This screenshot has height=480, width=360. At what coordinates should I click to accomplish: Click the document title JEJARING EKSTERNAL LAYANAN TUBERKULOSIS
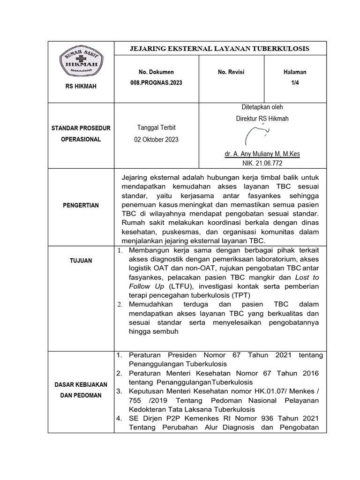click(x=219, y=48)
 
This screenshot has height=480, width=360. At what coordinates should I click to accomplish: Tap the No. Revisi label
click(x=231, y=72)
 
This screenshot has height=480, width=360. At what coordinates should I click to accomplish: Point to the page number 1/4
click(x=295, y=82)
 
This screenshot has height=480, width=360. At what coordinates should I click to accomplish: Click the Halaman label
click(x=295, y=72)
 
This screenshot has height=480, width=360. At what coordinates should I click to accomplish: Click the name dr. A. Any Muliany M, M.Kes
click(x=262, y=154)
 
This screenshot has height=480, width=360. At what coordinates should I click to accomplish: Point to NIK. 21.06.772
click(x=262, y=163)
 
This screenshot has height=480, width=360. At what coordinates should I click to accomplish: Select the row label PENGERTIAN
click(x=81, y=206)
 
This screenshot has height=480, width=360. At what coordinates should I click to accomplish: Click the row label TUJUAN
click(x=81, y=260)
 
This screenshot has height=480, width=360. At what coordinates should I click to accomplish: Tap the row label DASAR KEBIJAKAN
click(x=81, y=385)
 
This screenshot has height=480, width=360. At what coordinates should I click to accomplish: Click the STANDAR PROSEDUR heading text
click(x=81, y=128)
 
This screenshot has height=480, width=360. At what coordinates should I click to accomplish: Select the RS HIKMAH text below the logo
click(x=81, y=86)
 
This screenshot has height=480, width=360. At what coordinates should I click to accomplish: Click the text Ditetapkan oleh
click(x=262, y=107)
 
